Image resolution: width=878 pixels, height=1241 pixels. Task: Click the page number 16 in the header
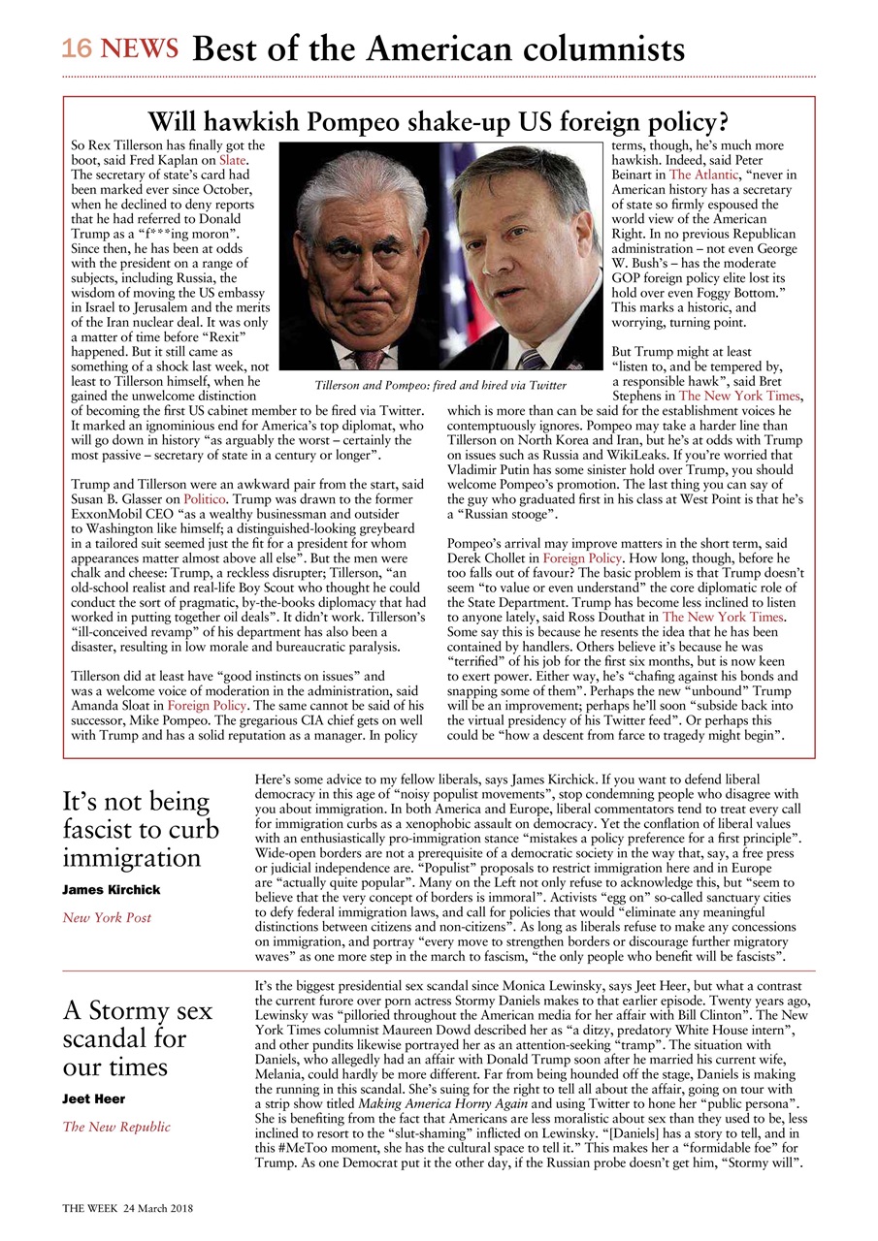point(76,48)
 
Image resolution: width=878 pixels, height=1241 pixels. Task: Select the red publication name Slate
point(233,159)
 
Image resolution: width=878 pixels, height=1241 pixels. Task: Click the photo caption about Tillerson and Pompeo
point(440,385)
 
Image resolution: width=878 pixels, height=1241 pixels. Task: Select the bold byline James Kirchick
point(112,889)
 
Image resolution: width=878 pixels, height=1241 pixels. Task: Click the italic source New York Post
point(107,917)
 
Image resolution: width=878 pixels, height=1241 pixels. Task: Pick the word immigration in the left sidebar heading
point(131,857)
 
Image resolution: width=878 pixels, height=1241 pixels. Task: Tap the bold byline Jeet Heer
point(95,1098)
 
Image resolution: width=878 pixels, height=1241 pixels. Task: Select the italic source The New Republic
point(116,1127)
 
